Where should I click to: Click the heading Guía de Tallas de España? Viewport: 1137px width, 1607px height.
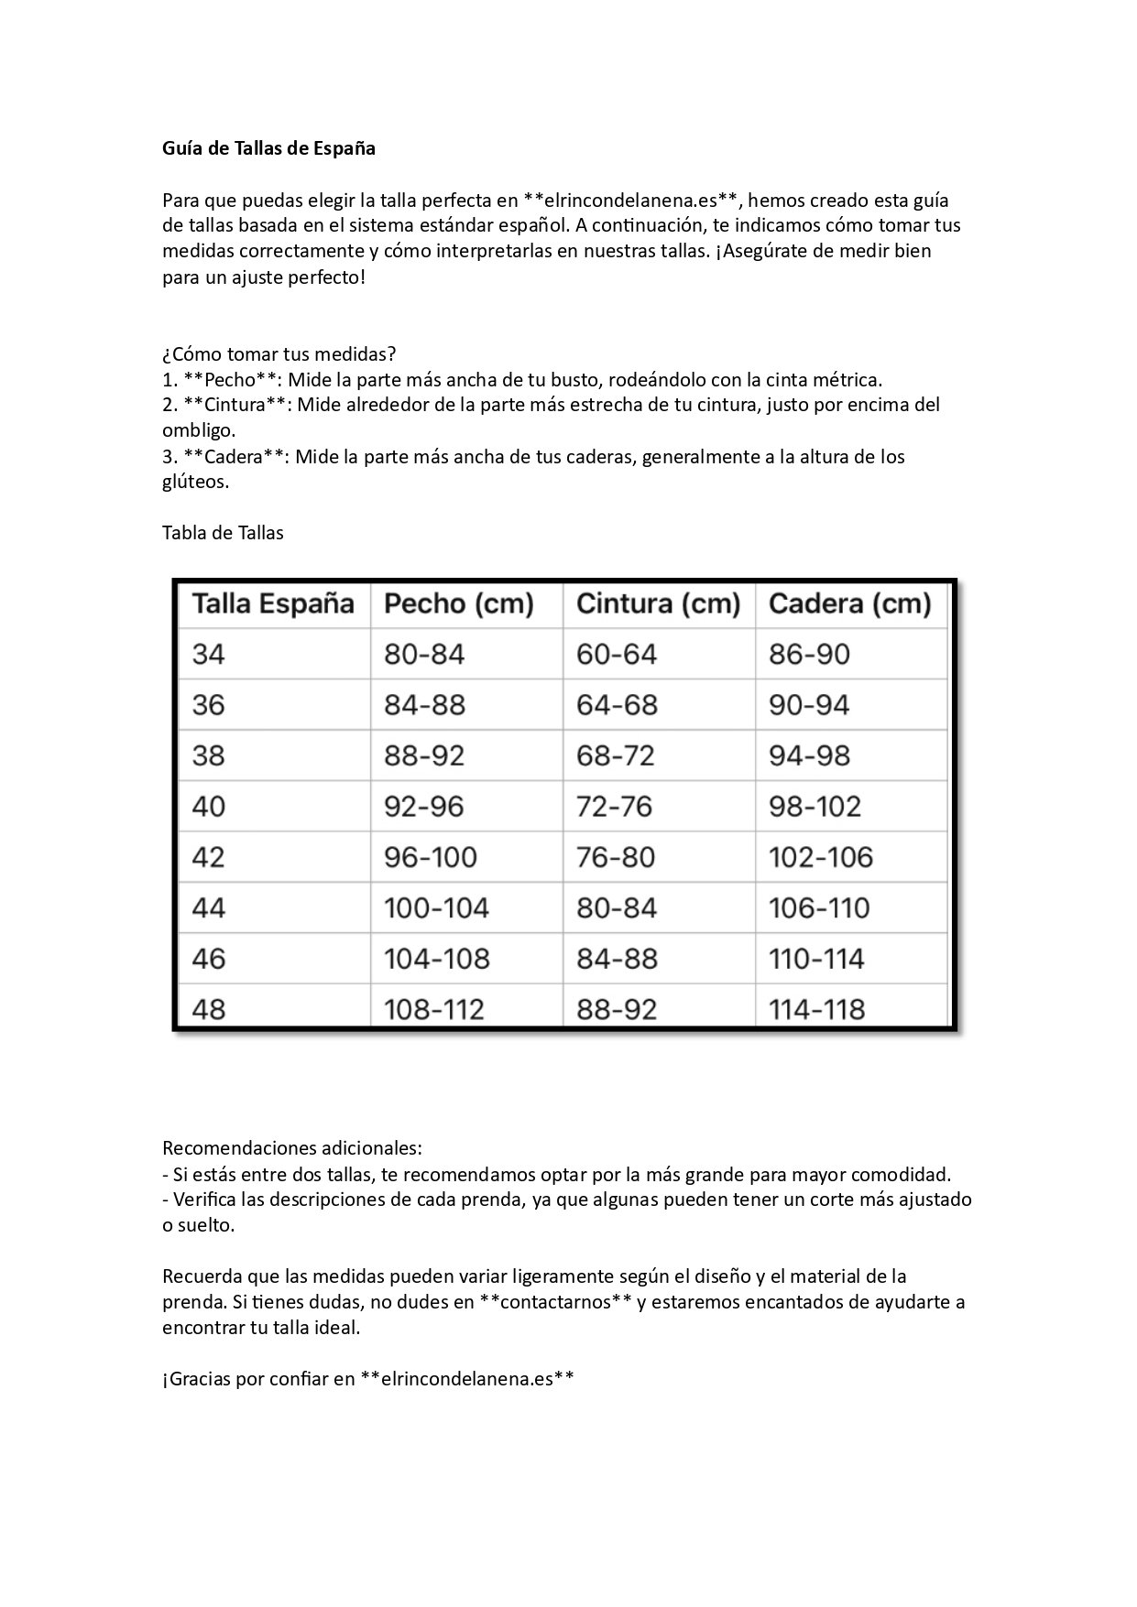pyautogui.click(x=268, y=148)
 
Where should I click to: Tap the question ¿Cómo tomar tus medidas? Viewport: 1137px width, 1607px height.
pyautogui.click(x=279, y=353)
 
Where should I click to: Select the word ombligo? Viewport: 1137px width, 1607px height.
pyautogui.click(x=199, y=430)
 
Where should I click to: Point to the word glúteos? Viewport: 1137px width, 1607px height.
pyautogui.click(x=195, y=482)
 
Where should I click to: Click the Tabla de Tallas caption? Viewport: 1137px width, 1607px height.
pyautogui.click(x=223, y=533)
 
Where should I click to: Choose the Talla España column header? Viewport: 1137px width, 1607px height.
pyautogui.click(x=273, y=604)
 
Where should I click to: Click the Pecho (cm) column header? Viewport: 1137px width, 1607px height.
pyautogui.click(x=459, y=604)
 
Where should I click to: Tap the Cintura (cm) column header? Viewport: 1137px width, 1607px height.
pyautogui.click(x=658, y=604)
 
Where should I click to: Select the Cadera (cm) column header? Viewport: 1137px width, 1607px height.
pyautogui.click(x=849, y=604)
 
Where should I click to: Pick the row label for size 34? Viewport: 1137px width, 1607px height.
pyautogui.click(x=209, y=655)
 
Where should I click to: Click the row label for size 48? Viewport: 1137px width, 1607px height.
pyautogui.click(x=209, y=1010)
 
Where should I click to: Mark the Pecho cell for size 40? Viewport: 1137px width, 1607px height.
pyautogui.click(x=424, y=807)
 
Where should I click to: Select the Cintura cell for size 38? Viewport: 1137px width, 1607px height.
pyautogui.click(x=616, y=756)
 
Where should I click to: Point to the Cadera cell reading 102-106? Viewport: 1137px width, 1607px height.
pyautogui.click(x=821, y=858)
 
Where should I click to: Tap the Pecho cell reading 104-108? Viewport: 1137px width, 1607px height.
pyautogui.click(x=437, y=960)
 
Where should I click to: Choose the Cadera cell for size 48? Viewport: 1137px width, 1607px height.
pyautogui.click(x=816, y=1010)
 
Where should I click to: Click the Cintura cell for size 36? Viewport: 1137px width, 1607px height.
pyautogui.click(x=617, y=705)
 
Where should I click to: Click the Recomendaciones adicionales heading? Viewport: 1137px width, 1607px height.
pyautogui.click(x=292, y=1148)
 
